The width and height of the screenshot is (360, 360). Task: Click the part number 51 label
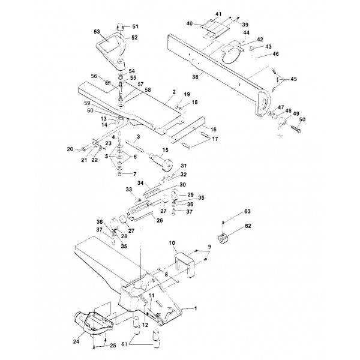pyautogui.click(x=135, y=26)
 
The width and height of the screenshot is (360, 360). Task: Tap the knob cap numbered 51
pyautogui.click(x=119, y=27)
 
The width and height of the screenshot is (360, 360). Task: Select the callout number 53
pyautogui.click(x=97, y=30)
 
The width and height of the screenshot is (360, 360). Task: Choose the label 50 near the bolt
pyautogui.click(x=302, y=120)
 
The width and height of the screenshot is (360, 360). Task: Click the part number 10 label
pyautogui.click(x=171, y=243)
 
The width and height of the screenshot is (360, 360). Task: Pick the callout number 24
pyautogui.click(x=76, y=343)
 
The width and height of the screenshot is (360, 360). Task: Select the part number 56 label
pyautogui.click(x=93, y=76)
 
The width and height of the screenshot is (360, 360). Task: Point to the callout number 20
pyautogui.click(x=70, y=148)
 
